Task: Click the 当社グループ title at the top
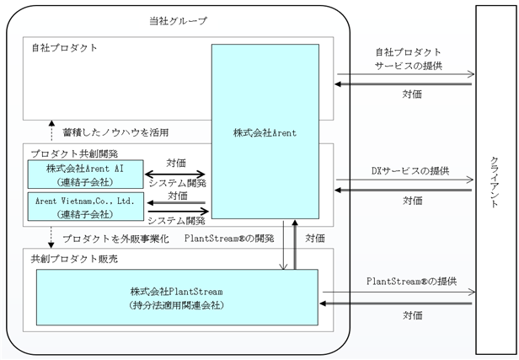click(178, 21)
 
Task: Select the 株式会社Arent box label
click(265, 133)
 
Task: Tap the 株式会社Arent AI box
click(85, 175)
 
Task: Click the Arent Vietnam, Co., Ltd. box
click(85, 207)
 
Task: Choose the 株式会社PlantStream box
click(177, 297)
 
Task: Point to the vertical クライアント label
click(494, 181)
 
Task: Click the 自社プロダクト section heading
click(65, 48)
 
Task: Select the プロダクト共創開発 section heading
click(74, 153)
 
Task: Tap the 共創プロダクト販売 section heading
click(74, 259)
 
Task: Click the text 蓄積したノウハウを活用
click(115, 132)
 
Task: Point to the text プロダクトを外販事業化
click(115, 239)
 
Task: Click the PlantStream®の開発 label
click(229, 238)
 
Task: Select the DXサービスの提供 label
click(410, 171)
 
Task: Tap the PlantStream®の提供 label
click(411, 282)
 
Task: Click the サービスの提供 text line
click(409, 66)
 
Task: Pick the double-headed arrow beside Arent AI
click(175, 174)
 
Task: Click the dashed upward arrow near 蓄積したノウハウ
click(51, 131)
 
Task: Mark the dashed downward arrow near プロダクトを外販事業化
click(51, 237)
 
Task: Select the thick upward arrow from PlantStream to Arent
click(295, 244)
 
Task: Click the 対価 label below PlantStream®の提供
click(413, 315)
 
